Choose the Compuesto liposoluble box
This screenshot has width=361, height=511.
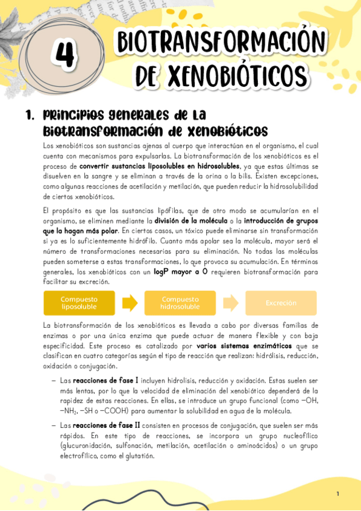(79, 303)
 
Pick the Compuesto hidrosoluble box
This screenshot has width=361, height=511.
(180, 303)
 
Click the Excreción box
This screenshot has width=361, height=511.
(281, 303)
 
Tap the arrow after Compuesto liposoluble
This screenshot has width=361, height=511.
(130, 303)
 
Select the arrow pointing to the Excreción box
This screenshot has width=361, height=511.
(231, 303)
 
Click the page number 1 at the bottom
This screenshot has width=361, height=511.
(338, 494)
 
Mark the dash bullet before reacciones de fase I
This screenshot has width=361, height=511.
(54, 381)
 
